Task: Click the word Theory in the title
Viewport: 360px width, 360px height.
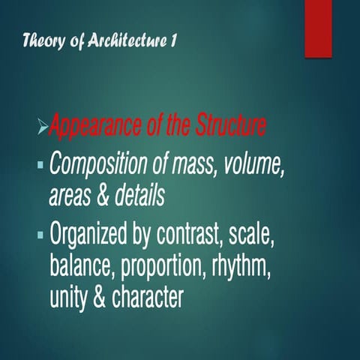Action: click(x=43, y=40)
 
